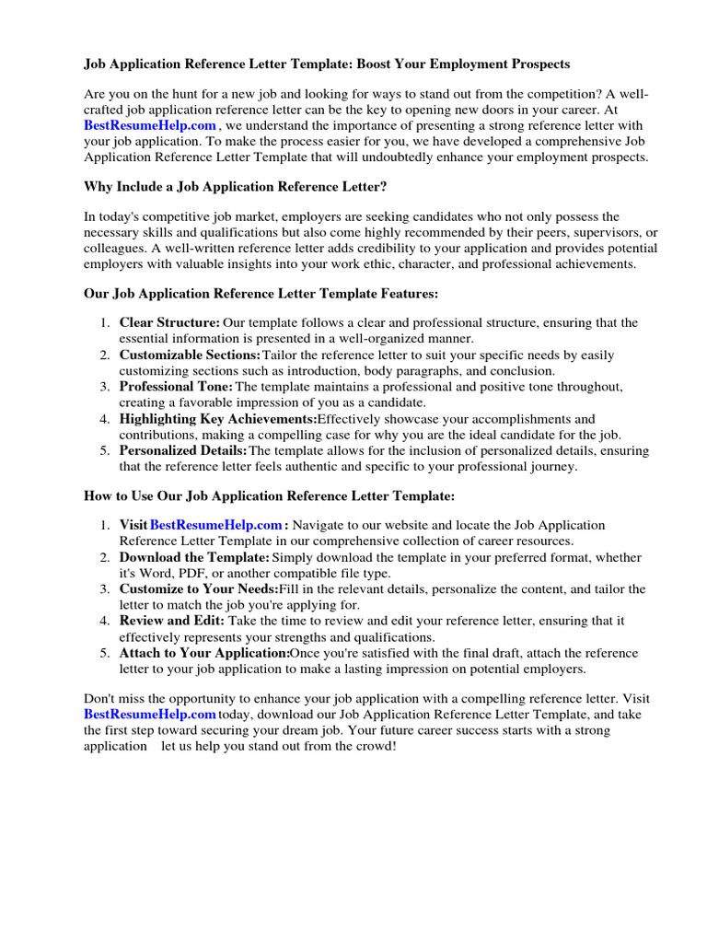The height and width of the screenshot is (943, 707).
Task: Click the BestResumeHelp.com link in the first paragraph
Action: (150, 125)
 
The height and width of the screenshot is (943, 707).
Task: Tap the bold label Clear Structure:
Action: (169, 323)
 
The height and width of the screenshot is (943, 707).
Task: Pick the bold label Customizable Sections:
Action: (190, 355)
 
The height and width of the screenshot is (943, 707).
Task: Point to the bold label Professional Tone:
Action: (177, 387)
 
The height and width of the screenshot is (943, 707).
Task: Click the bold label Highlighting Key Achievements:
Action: (217, 419)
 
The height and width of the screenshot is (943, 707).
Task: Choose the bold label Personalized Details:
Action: (183, 451)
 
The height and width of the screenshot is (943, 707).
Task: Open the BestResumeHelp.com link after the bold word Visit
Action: (215, 526)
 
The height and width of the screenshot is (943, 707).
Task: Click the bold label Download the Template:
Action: (194, 558)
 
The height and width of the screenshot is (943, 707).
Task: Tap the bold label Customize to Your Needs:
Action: (198, 589)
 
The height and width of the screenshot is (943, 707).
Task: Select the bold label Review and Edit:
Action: (171, 622)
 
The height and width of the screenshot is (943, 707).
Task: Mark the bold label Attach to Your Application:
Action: (204, 654)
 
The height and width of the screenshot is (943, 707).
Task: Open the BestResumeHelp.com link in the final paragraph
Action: (150, 715)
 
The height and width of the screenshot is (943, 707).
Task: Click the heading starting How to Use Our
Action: (270, 496)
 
